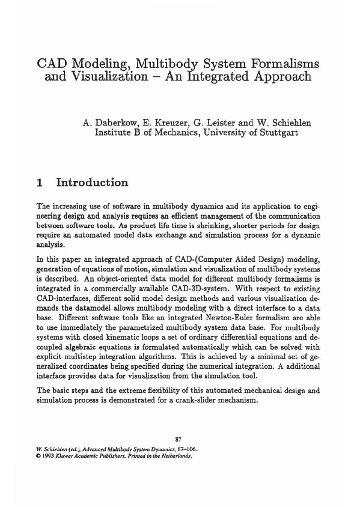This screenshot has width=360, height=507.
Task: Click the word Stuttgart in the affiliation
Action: (276, 133)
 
